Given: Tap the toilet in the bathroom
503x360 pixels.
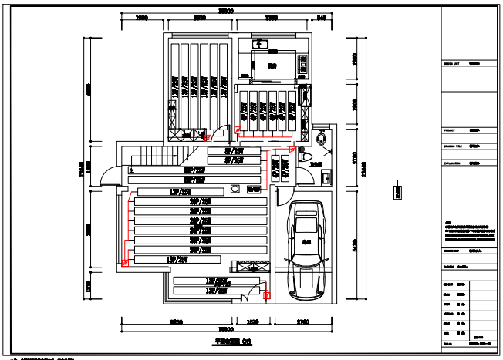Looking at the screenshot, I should pyautogui.click(x=321, y=138).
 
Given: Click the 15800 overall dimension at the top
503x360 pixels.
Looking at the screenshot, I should pyautogui.click(x=225, y=10).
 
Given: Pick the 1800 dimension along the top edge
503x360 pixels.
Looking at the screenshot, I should pyautogui.click(x=142, y=17).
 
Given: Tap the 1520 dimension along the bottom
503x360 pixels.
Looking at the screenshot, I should pyautogui.click(x=251, y=320).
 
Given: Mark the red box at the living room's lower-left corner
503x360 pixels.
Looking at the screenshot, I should pyautogui.click(x=125, y=263).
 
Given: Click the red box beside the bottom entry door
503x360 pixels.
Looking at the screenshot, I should pyautogui.click(x=267, y=294).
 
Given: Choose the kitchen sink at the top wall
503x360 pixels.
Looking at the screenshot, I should pyautogui.click(x=260, y=45).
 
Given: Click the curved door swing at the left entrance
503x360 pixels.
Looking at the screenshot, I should pyautogui.click(x=109, y=177).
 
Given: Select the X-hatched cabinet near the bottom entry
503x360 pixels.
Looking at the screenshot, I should pyautogui.click(x=251, y=267).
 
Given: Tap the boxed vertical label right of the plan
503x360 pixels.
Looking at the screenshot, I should pyautogui.click(x=399, y=192).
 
